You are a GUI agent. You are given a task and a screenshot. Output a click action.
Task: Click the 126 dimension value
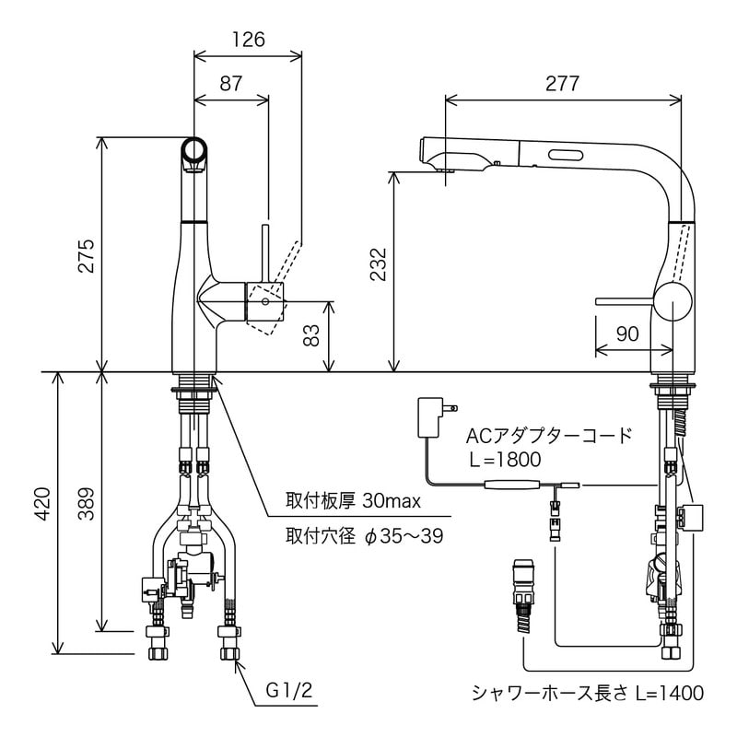[x=247, y=40]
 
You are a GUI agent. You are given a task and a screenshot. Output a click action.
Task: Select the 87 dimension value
[x=230, y=83]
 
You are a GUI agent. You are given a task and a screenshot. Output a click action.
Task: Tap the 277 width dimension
[x=562, y=83]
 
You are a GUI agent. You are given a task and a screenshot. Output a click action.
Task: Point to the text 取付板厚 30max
[x=353, y=501]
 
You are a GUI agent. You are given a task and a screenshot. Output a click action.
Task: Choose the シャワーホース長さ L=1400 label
[x=588, y=693]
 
